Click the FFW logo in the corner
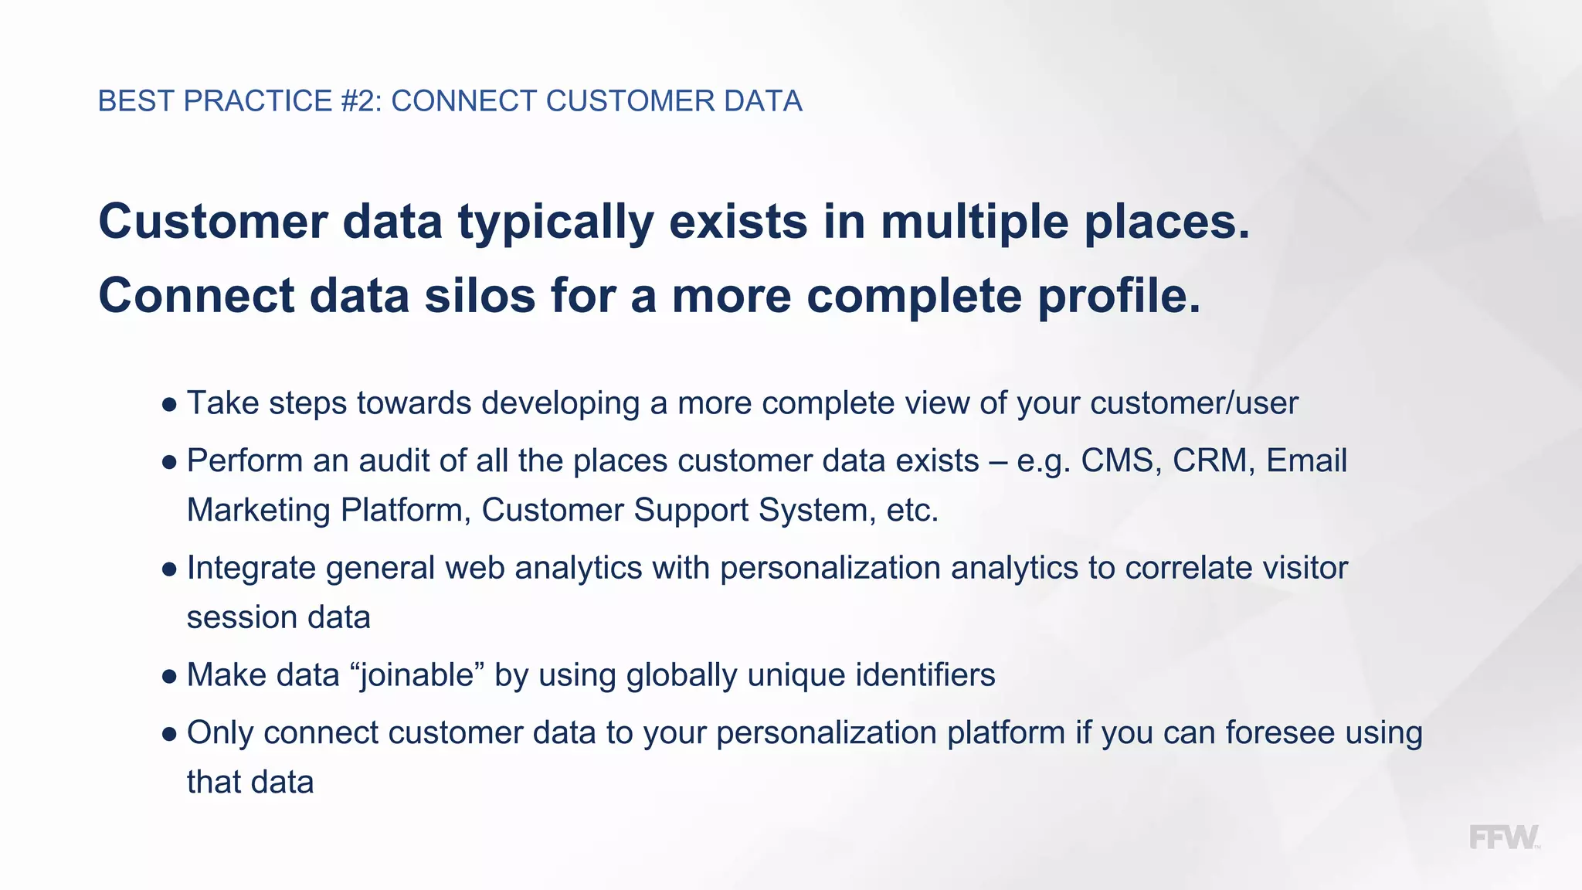pyautogui.click(x=1503, y=837)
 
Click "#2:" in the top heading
pyautogui.click(x=361, y=101)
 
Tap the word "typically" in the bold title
pyautogui.click(x=556, y=222)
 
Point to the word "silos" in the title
pyautogui.click(x=480, y=296)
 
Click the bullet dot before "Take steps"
pyautogui.click(x=169, y=405)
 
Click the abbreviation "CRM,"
pyautogui.click(x=1214, y=460)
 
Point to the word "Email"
pyautogui.click(x=1306, y=460)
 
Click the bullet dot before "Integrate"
pyautogui.click(x=169, y=569)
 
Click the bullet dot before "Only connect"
pyautogui.click(x=169, y=734)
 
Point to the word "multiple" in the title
pyautogui.click(x=975, y=222)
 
